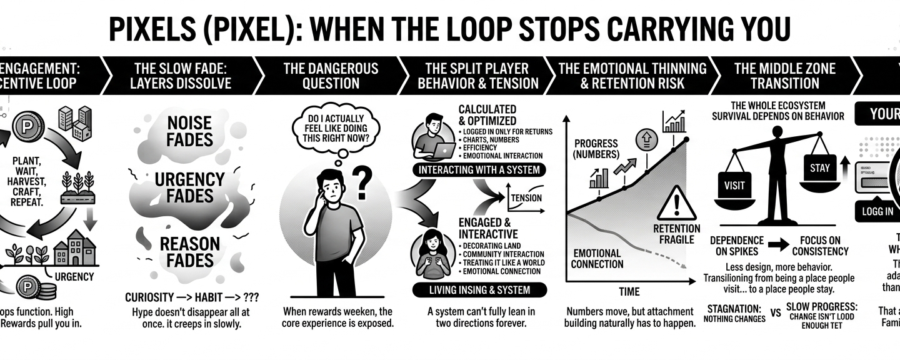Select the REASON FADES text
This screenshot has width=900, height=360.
pos(190,251)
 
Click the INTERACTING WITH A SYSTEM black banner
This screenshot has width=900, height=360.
pos(479,170)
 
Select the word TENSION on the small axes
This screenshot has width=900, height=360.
pos(527,198)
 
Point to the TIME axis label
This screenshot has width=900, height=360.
pos(629,292)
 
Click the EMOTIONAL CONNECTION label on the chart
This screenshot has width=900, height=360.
pos(597,259)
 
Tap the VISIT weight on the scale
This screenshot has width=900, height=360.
pos(735,184)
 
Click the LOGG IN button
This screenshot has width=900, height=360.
pos(877,211)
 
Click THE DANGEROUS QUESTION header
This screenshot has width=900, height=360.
pos(331,76)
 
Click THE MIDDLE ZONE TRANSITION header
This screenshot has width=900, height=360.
pos(784,76)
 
